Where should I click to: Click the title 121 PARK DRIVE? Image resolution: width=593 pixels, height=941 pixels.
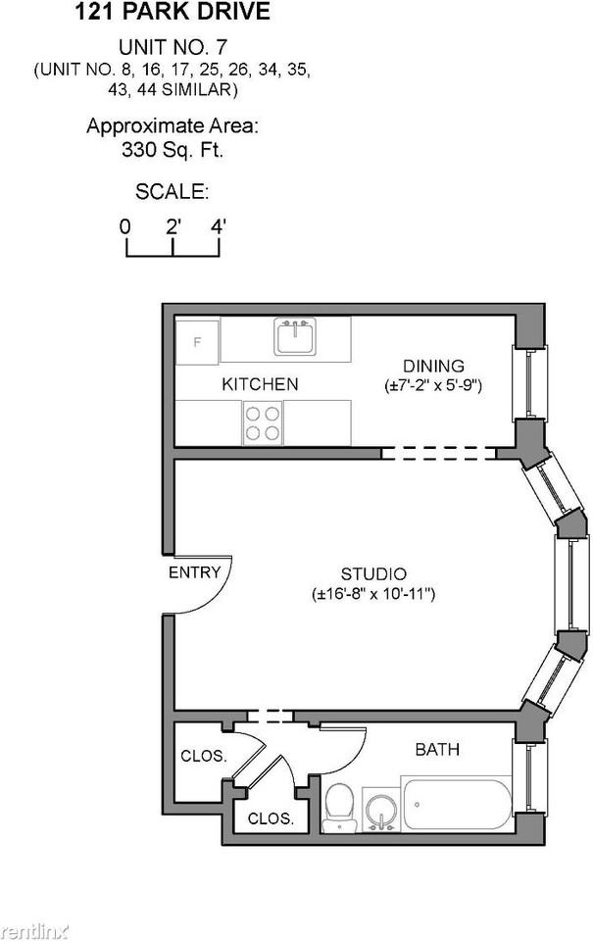point(173,13)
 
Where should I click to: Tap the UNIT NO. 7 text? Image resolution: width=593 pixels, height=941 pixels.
point(173,47)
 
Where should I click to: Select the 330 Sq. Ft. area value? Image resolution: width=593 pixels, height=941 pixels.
point(173,150)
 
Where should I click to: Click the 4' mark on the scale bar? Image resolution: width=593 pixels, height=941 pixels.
point(219,226)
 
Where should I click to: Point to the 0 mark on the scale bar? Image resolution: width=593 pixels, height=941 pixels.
point(125,226)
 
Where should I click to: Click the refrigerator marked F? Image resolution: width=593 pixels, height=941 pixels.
point(197,341)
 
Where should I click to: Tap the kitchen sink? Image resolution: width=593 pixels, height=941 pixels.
point(294,338)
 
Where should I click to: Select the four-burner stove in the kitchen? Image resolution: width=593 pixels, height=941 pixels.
point(263,423)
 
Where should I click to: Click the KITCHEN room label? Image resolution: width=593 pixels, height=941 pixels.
point(260,384)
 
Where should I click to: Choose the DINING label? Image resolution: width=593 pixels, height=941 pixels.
point(433,367)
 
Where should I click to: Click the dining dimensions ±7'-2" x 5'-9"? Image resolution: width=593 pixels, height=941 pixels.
point(433,386)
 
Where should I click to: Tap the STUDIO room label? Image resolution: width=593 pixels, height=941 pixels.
point(373,573)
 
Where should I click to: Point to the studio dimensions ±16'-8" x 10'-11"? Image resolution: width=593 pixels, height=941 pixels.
point(373,594)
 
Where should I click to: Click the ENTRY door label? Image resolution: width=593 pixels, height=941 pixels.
point(195,572)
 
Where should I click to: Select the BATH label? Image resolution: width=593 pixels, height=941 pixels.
point(437,750)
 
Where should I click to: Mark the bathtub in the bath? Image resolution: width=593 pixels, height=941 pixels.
point(457,804)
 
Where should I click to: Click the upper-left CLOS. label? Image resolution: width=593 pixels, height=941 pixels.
point(204,756)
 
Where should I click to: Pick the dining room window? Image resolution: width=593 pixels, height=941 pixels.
point(529,382)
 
